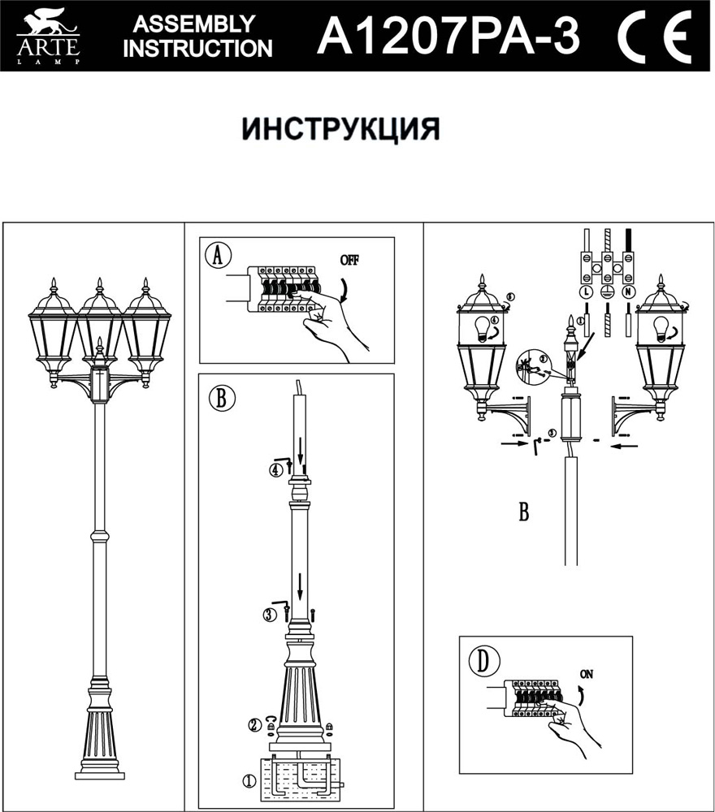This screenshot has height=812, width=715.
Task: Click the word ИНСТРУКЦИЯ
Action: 340,129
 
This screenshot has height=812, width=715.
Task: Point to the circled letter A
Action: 217,255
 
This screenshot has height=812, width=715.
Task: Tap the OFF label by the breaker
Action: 349,260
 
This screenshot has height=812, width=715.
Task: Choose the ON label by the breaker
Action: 587,673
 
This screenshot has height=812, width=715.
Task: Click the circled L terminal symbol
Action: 584,292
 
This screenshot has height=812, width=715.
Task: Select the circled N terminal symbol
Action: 627,292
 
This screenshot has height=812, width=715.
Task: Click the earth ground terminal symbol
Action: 605,292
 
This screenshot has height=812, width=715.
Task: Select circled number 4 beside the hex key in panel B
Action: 276,469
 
